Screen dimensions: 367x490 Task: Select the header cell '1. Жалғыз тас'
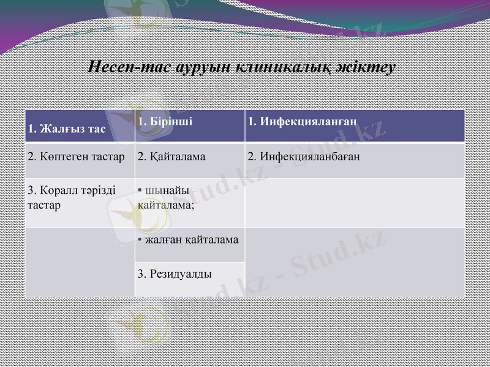point(80,126)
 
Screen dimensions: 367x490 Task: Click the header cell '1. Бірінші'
point(190,126)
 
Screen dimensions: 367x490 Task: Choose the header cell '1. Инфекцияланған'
point(355,126)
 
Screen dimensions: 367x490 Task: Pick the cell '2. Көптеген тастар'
point(80,160)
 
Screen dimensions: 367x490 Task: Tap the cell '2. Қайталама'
point(190,160)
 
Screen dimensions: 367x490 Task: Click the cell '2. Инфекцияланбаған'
point(355,160)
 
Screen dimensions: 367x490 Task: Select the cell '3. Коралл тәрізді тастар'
point(80,202)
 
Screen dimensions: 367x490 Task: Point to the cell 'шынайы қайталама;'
point(190,202)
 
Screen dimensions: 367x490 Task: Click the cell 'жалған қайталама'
point(190,245)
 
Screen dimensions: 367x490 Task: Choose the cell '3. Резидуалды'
point(190,280)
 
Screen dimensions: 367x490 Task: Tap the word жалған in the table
point(161,240)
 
